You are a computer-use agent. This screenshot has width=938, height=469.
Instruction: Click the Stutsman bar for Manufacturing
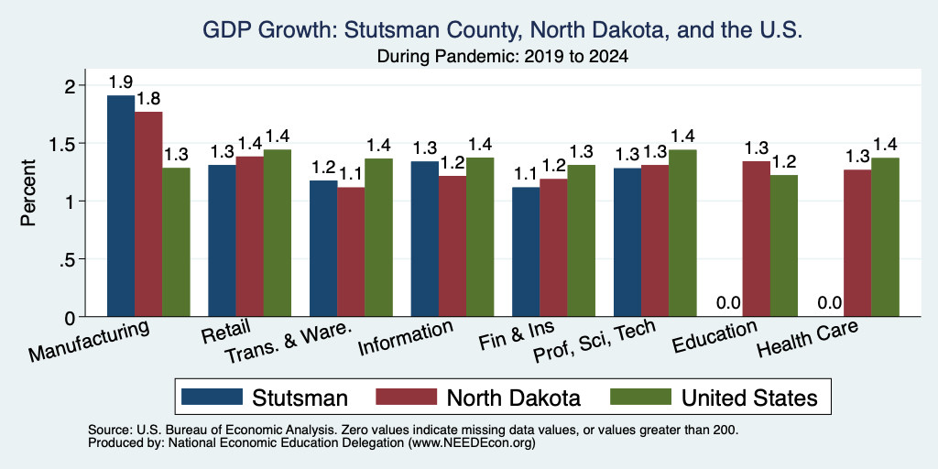point(121,206)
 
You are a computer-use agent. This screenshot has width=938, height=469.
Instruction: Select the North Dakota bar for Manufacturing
point(148,214)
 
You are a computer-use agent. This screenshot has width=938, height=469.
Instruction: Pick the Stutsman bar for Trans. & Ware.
point(323,248)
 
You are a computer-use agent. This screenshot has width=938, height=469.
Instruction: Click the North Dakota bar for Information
point(453,245)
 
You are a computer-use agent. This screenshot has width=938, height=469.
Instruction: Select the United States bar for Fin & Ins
point(582,241)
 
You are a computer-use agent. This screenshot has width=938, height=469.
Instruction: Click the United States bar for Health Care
point(886,237)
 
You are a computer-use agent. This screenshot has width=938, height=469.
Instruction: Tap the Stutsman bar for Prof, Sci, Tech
point(627,242)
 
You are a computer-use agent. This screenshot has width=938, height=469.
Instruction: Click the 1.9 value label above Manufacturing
point(121,82)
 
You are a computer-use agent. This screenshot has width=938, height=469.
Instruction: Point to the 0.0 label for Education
point(728,303)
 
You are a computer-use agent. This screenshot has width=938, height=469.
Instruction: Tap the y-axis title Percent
point(28,192)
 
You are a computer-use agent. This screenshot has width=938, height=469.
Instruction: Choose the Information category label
point(405,338)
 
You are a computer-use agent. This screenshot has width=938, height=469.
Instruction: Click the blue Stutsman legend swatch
point(212,397)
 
